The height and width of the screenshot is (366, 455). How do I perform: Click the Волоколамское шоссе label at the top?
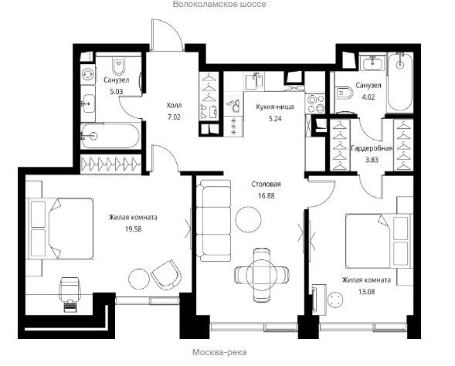219,5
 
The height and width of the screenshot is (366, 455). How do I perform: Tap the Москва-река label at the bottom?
219,352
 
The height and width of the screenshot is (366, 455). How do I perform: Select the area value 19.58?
134,229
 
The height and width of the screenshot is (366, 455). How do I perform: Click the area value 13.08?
366,291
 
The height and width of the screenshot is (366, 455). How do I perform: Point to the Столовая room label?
266,185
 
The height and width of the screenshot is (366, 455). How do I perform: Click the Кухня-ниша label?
275,107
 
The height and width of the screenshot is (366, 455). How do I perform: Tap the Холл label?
174,105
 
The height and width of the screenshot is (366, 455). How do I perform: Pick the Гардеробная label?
372,148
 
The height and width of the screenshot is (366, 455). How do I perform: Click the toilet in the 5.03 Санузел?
119,66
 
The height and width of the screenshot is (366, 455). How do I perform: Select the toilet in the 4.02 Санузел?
344,93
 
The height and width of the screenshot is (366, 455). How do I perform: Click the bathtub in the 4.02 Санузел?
400,82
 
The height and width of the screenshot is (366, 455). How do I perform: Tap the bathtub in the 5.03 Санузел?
110,136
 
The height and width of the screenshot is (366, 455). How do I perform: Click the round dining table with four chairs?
262,275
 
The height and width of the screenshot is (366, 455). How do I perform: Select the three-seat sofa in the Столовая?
214,220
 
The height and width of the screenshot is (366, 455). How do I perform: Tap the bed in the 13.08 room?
379,241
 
